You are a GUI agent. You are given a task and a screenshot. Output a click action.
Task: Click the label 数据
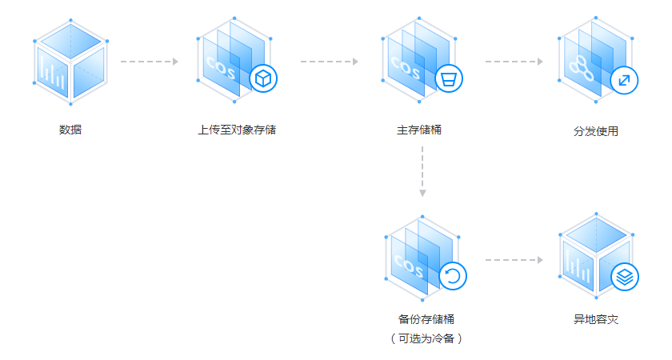(x=70, y=129)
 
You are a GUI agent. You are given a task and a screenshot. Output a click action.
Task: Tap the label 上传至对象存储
(x=237, y=129)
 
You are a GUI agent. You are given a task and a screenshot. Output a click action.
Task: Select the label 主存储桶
(x=418, y=129)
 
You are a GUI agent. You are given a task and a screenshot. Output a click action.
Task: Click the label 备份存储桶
(x=420, y=319)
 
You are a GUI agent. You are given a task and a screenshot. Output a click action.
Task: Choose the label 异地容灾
(x=596, y=319)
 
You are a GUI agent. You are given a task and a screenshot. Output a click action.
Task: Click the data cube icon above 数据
(x=70, y=62)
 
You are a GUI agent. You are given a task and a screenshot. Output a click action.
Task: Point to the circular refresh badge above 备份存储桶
(x=453, y=276)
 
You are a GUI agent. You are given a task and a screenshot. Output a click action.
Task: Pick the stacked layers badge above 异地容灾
(x=626, y=278)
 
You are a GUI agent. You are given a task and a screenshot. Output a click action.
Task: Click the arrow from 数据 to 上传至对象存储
(x=149, y=62)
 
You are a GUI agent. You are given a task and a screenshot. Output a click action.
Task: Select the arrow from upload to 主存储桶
(x=330, y=62)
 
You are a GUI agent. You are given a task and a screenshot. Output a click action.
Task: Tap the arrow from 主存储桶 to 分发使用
(x=514, y=62)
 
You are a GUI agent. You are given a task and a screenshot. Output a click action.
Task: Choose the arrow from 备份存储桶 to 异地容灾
(x=514, y=260)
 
